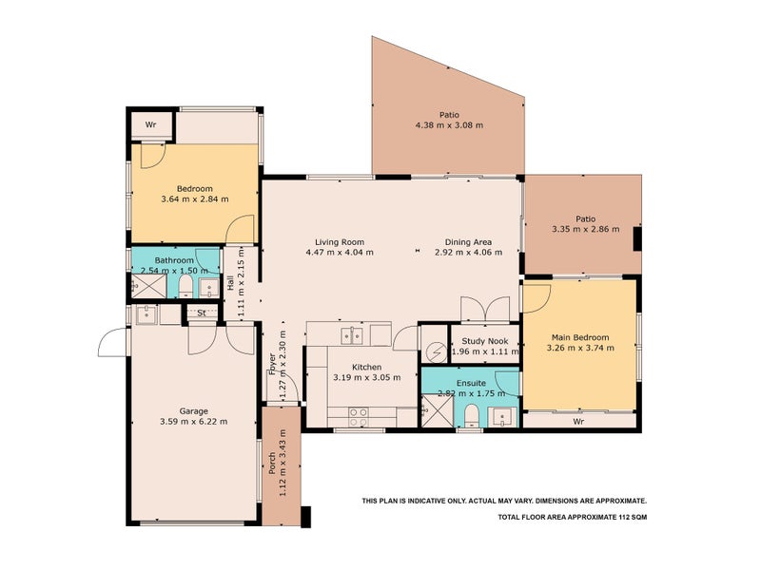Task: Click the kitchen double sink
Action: tap(354, 333)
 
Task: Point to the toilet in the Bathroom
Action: tap(186, 286)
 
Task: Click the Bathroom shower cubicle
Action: tap(144, 286)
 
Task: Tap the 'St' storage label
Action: tap(202, 313)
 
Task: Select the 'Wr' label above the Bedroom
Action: tap(150, 125)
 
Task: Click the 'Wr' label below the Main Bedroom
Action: tap(577, 420)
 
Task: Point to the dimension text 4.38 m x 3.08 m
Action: tap(449, 124)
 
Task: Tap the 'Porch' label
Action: tap(272, 465)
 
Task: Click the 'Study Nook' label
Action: tap(485, 341)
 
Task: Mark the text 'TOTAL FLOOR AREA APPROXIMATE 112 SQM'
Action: tap(572, 518)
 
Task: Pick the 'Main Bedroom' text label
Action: tap(580, 337)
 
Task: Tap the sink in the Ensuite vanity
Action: tap(501, 414)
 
